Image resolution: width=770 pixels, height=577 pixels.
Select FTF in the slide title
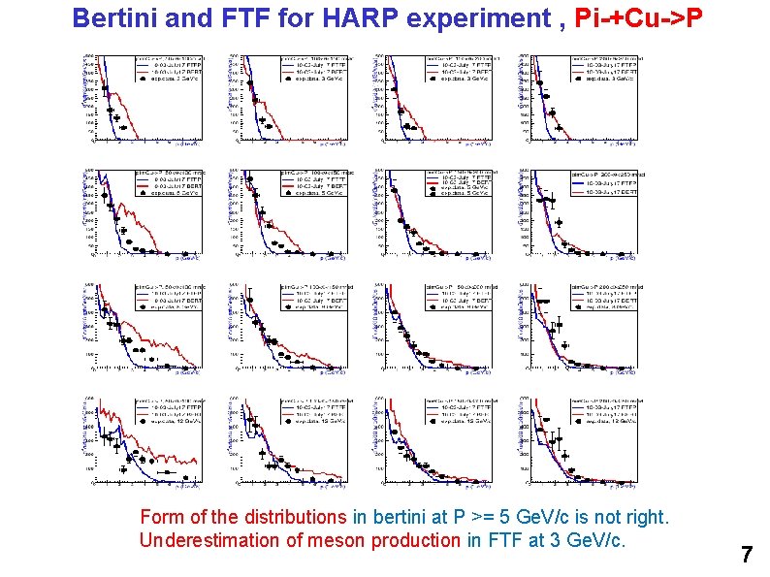point(250,17)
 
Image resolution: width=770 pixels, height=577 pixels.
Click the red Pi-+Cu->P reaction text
point(633,17)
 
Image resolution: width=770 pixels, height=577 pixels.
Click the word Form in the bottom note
point(160,518)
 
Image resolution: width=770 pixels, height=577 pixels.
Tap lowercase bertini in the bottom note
point(400,518)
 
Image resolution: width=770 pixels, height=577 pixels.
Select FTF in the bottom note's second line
point(484,540)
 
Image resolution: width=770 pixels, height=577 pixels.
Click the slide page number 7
point(746,556)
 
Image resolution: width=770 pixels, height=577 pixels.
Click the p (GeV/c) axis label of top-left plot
point(187,144)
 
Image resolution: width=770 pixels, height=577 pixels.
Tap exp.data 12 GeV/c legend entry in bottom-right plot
point(605,422)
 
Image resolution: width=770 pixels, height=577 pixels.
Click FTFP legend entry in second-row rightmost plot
point(605,182)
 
